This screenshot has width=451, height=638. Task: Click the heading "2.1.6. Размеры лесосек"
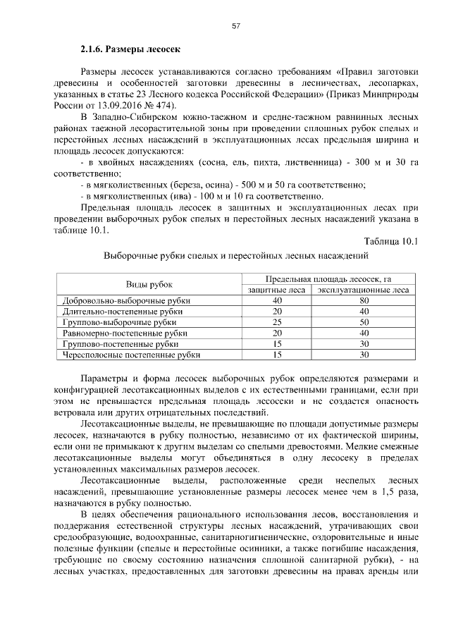(x=128, y=50)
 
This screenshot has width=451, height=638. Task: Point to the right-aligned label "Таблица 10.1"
(x=388, y=242)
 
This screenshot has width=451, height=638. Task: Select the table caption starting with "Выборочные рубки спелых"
(x=236, y=256)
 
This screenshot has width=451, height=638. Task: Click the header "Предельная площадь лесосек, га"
(x=328, y=279)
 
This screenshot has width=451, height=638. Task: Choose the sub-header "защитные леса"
(x=277, y=290)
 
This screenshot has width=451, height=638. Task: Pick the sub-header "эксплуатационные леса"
(x=364, y=290)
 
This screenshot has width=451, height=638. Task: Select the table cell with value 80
(x=364, y=300)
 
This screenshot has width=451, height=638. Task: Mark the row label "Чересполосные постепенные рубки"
(x=132, y=355)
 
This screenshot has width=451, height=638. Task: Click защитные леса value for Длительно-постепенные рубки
(x=277, y=311)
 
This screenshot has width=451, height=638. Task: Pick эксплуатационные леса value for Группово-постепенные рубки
(x=364, y=344)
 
